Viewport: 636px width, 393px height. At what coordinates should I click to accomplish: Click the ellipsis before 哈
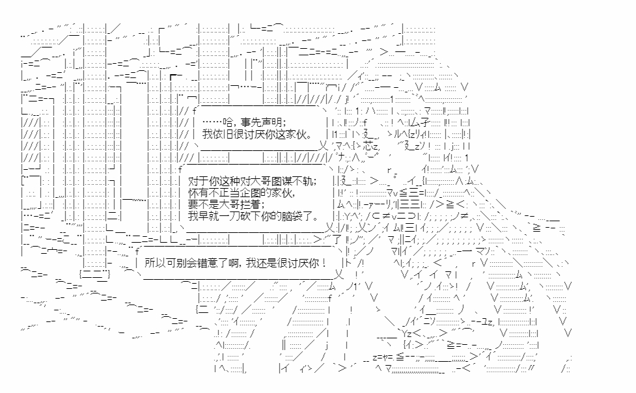(212, 122)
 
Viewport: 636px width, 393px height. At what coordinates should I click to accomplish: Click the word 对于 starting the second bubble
(197, 181)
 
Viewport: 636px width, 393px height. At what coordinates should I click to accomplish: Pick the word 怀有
(197, 193)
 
